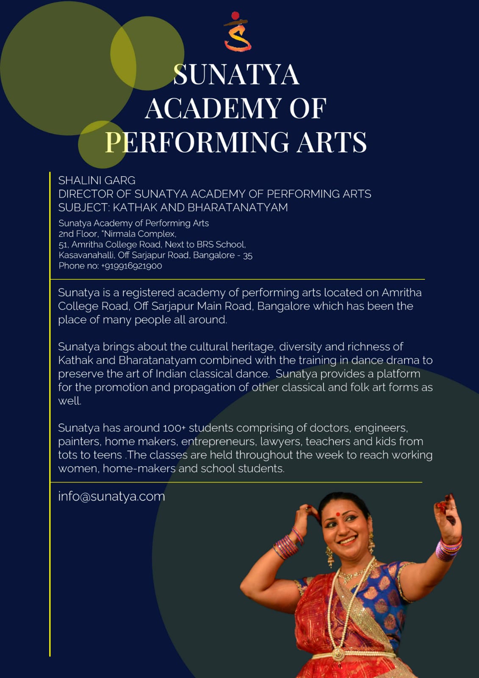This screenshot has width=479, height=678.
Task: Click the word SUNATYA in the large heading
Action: (x=236, y=75)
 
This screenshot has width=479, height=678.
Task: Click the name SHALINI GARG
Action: (x=97, y=181)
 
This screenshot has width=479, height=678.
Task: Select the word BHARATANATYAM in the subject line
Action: (x=238, y=207)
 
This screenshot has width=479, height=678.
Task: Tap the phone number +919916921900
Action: (x=131, y=266)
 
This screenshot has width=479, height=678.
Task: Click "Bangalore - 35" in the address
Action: (x=223, y=255)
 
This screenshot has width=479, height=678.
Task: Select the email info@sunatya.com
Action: (x=111, y=496)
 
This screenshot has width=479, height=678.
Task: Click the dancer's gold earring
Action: (x=329, y=556)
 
